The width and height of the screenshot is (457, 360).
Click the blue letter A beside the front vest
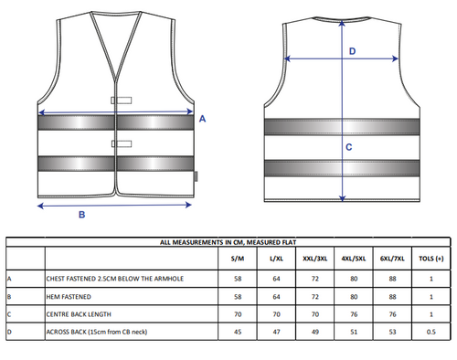[202, 119]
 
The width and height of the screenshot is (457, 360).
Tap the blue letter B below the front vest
[81, 215]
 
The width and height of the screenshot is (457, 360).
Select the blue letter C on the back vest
[349, 147]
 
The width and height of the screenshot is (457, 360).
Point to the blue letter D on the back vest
[352, 51]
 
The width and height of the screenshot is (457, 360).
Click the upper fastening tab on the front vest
[122, 101]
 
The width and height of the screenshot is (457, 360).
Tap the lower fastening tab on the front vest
[122, 143]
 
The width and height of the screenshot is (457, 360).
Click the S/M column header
[238, 259]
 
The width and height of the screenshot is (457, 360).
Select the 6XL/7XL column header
[392, 259]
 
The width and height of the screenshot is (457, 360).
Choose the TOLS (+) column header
[431, 259]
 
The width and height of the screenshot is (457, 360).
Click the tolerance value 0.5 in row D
[431, 332]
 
